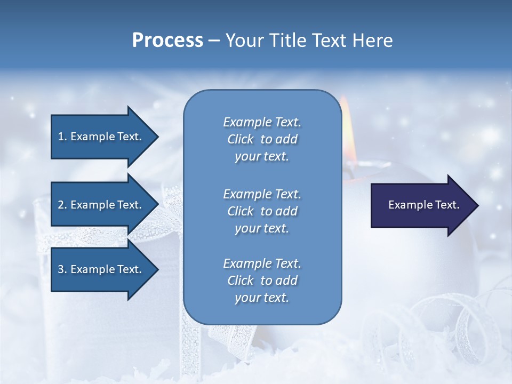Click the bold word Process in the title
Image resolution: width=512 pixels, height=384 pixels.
(167, 41)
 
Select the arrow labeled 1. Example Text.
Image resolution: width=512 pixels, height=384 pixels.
(101, 137)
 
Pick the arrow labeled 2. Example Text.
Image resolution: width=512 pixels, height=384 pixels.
(101, 205)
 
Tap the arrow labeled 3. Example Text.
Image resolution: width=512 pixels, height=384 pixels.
(101, 269)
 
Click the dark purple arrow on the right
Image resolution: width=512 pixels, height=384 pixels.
(421, 205)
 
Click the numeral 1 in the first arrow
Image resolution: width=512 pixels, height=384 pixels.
(61, 137)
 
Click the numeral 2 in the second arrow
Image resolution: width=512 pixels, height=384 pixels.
(61, 205)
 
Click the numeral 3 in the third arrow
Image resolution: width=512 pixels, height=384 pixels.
(61, 269)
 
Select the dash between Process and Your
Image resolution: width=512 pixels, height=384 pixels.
(214, 41)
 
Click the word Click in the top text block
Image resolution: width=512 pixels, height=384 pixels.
(241, 140)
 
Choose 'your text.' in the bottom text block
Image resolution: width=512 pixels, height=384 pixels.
(262, 298)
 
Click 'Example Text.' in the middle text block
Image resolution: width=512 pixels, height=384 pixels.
(262, 194)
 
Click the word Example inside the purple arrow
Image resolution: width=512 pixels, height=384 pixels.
(407, 205)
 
